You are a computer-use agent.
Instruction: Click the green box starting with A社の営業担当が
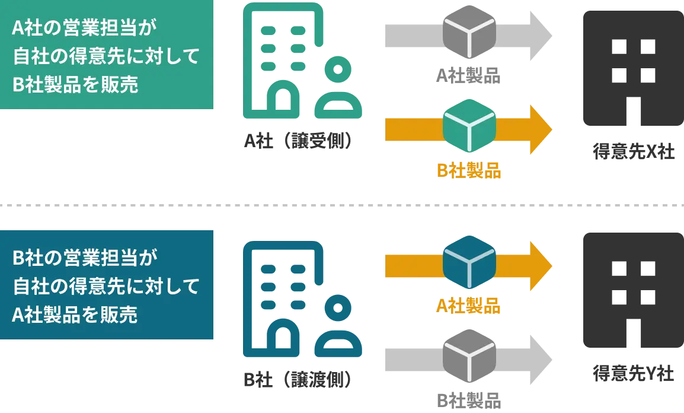tap(106, 55)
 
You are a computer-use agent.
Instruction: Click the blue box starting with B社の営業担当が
tap(106, 285)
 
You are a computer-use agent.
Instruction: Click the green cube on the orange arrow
tap(469, 125)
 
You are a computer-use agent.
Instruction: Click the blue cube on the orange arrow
tap(469, 262)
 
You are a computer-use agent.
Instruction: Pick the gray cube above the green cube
tap(469, 32)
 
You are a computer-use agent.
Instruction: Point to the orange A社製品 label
tap(469, 305)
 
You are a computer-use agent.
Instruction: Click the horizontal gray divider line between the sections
tap(342, 206)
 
